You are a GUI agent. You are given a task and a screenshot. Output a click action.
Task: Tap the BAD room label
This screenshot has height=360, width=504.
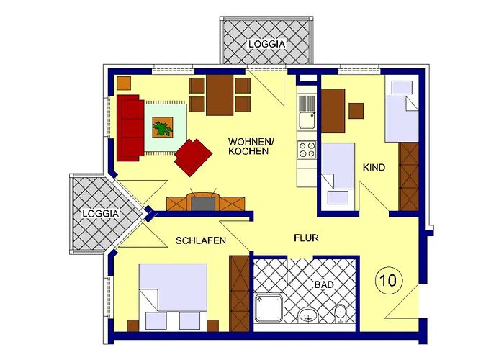[324, 285]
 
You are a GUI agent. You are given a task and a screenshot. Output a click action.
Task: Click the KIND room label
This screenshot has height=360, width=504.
[374, 168]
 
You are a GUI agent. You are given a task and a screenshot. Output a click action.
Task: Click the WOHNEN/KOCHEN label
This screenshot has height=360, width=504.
[248, 146]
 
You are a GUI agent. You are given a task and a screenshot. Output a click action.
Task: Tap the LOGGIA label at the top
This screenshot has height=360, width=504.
[267, 43]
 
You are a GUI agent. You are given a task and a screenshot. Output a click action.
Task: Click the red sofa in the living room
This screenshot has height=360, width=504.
[129, 127]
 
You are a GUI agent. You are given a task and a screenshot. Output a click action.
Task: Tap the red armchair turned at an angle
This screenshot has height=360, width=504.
[192, 156]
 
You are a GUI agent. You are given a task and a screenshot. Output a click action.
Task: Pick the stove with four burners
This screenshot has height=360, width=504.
[307, 150]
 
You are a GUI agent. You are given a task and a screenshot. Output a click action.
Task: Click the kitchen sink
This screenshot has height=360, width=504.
[306, 108]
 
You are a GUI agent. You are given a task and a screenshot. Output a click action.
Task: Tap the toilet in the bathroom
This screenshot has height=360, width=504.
[341, 314]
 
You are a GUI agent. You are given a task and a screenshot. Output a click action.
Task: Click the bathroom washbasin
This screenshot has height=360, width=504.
[308, 315]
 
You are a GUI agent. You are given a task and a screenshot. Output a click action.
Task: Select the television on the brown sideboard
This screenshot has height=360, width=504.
[203, 202]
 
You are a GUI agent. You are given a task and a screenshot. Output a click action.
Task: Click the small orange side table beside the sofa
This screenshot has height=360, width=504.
[123, 82]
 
